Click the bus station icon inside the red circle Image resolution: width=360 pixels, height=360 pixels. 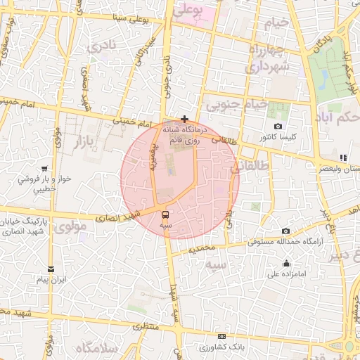coord(165,214)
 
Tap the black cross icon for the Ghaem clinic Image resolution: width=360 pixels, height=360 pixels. coord(184,119)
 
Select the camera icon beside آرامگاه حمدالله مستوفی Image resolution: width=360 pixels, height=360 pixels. coord(285,231)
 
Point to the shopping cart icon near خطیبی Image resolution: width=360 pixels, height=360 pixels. coord(44,169)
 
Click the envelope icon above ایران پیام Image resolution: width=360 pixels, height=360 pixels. coord(50,269)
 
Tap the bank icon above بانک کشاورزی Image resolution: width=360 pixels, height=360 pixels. coord(222,336)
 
